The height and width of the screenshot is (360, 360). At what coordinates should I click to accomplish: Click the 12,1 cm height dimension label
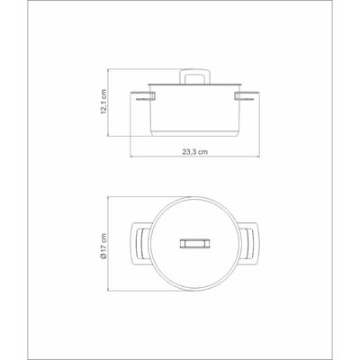103,102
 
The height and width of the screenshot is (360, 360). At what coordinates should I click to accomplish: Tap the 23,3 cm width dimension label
195,152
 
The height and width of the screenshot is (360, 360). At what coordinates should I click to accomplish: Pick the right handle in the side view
247,96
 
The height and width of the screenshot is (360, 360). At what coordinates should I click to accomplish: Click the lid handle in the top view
194,244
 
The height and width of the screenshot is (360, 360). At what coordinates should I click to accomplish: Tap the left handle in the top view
139,244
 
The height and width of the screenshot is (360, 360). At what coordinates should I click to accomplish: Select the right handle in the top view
248,244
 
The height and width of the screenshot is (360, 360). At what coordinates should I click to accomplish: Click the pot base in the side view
195,134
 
